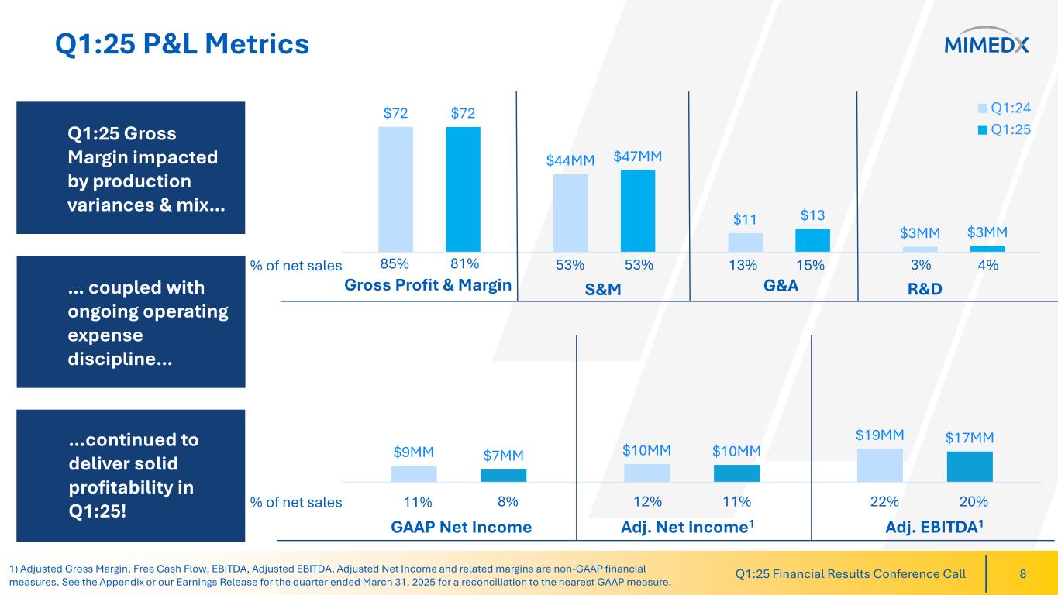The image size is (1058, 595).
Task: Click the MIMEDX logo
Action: point(987,44)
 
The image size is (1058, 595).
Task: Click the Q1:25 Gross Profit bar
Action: point(463,189)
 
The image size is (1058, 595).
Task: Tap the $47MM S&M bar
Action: point(638,211)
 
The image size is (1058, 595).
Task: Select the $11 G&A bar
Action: point(745,242)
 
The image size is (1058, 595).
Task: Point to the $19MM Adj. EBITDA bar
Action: point(879,466)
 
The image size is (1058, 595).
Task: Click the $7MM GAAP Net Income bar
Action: point(503,475)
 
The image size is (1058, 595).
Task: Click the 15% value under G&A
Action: point(810,265)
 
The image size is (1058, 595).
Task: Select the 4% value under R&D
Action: point(987,265)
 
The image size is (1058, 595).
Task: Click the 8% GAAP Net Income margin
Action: point(507,502)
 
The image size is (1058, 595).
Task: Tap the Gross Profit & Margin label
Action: point(428,285)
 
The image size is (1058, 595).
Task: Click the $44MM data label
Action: point(570,160)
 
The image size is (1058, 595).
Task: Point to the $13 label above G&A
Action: point(812,215)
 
